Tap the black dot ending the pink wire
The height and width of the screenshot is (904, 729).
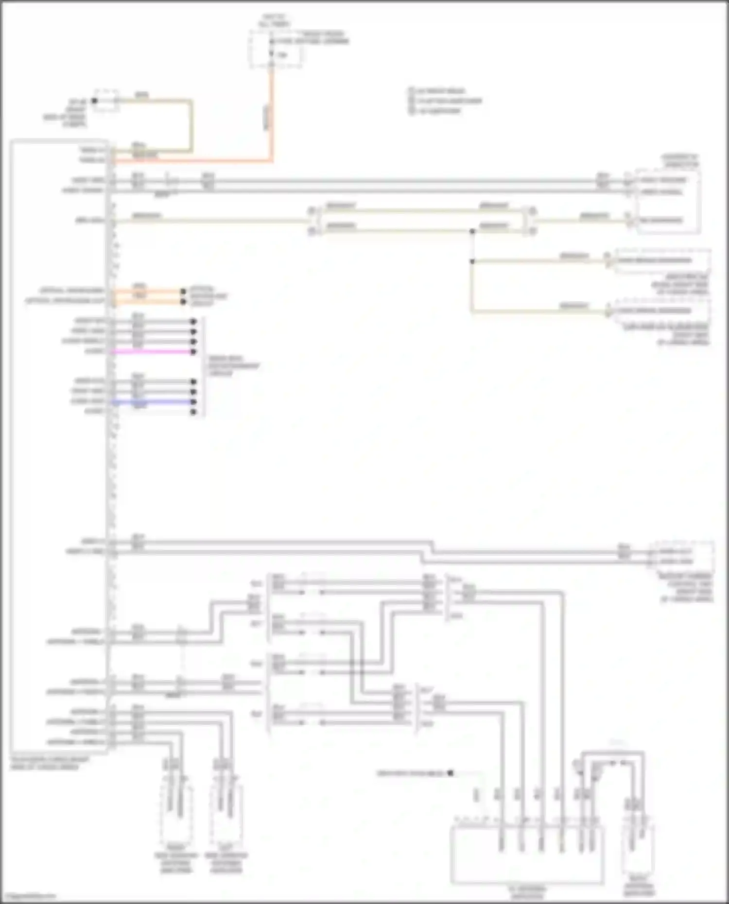tap(193, 352)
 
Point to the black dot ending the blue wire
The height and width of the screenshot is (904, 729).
tap(193, 402)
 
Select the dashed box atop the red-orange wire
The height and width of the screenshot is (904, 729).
tap(276, 49)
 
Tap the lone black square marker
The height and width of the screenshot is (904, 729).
tap(450, 773)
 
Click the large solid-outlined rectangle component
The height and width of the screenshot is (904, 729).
tap(527, 854)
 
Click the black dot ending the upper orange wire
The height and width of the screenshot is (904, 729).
tap(183, 291)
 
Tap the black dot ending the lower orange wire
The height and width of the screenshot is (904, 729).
tap(183, 302)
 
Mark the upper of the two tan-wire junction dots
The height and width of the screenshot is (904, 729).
tap(472, 231)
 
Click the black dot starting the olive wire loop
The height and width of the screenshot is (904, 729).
tap(95, 101)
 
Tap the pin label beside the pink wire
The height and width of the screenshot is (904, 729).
tap(94, 351)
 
